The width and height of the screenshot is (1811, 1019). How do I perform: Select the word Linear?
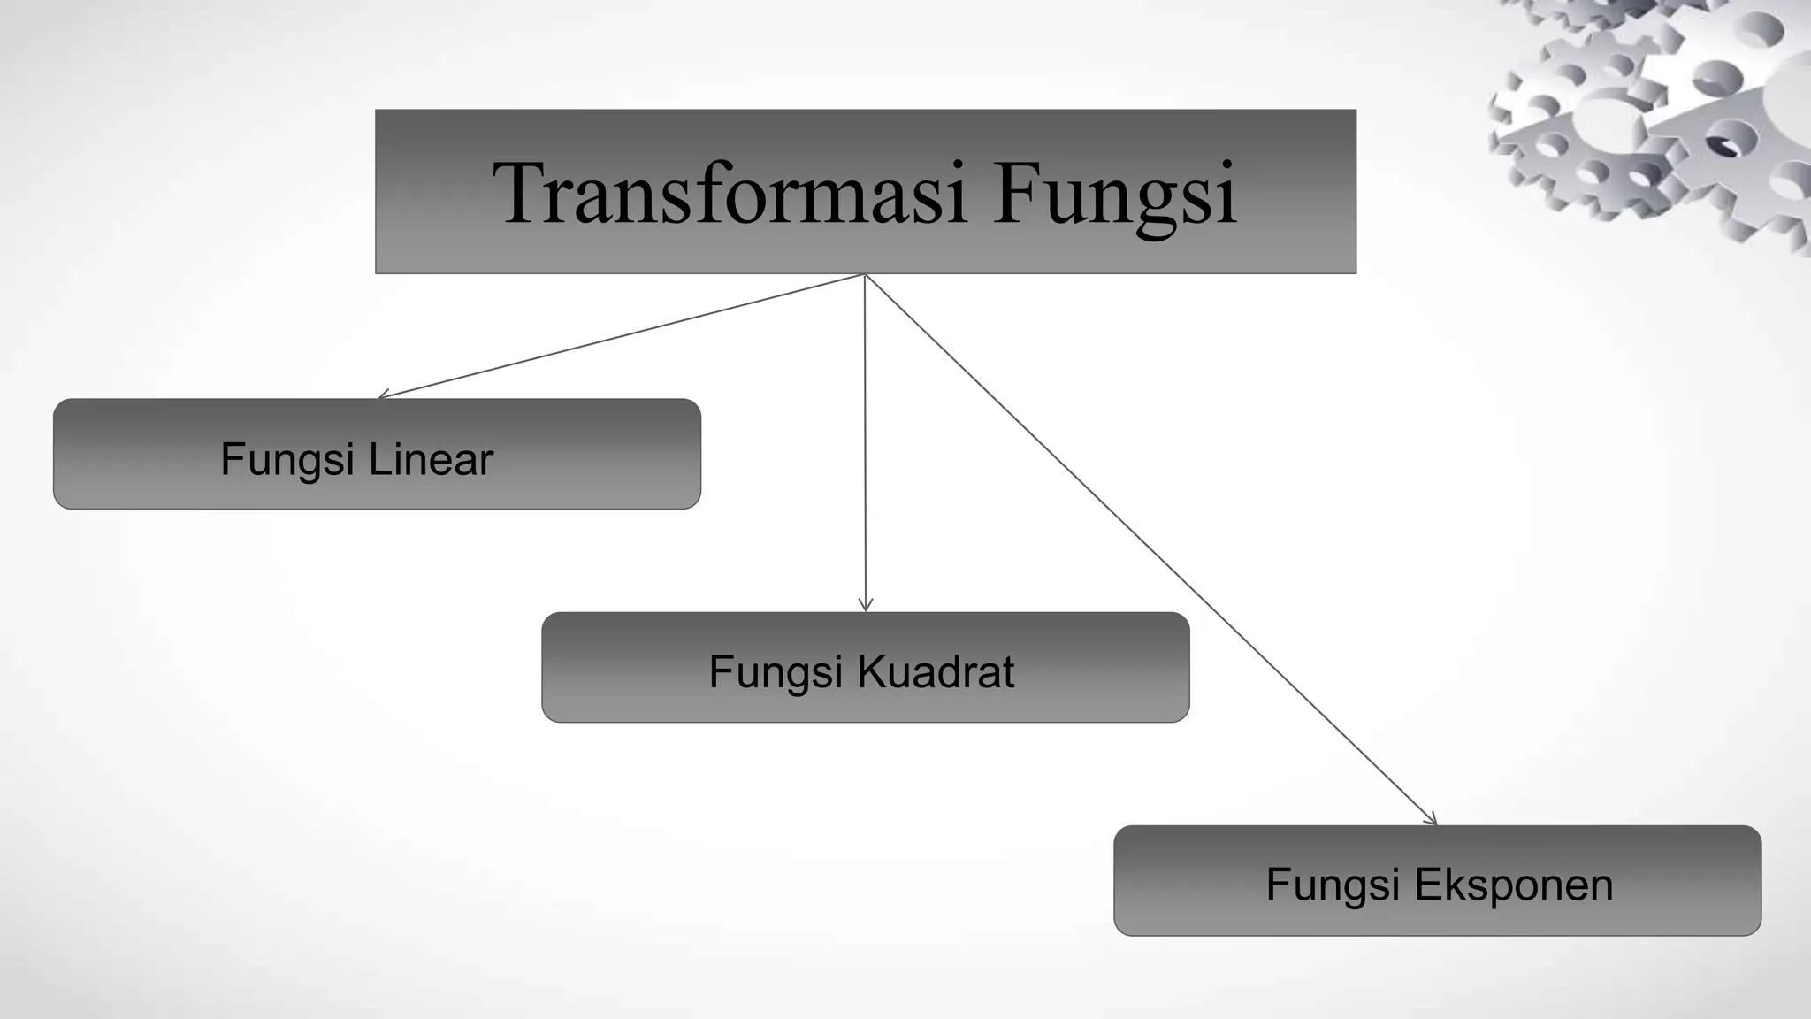[x=431, y=459]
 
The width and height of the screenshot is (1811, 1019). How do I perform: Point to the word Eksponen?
[x=1514, y=885]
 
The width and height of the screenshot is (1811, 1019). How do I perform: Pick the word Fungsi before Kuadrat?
[x=776, y=672]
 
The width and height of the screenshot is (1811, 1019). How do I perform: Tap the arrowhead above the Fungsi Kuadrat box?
[x=866, y=605]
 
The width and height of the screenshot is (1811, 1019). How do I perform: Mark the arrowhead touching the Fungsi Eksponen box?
[x=1431, y=820]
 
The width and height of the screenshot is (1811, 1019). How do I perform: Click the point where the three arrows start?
[x=865, y=275]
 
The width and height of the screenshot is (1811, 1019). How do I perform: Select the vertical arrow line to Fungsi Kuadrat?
[x=865, y=442]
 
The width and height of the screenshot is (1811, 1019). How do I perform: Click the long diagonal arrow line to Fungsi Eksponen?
[x=1150, y=548]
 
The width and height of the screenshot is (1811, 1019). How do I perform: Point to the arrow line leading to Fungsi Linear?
[x=619, y=336]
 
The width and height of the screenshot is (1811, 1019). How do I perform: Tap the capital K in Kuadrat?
[x=870, y=671]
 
